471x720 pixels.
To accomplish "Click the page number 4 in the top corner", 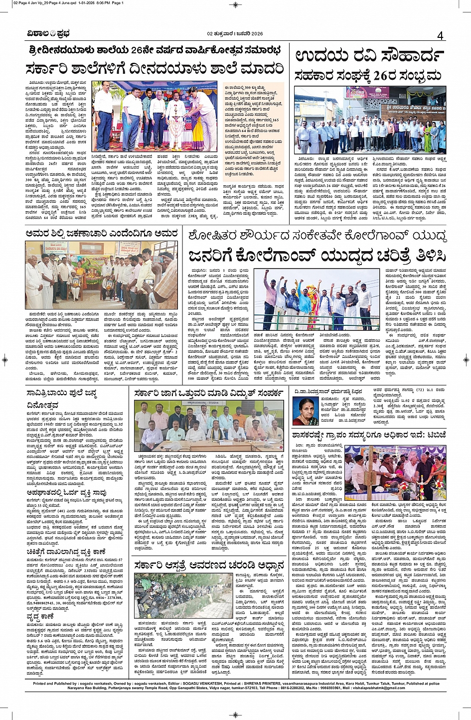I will (440, 36).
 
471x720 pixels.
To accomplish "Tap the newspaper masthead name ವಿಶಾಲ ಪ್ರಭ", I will (48, 34).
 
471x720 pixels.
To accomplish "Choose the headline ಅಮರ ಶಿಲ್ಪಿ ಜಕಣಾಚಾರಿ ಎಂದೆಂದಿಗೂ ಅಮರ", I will (102, 233).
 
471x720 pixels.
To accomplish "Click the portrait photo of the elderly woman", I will (306, 411).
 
